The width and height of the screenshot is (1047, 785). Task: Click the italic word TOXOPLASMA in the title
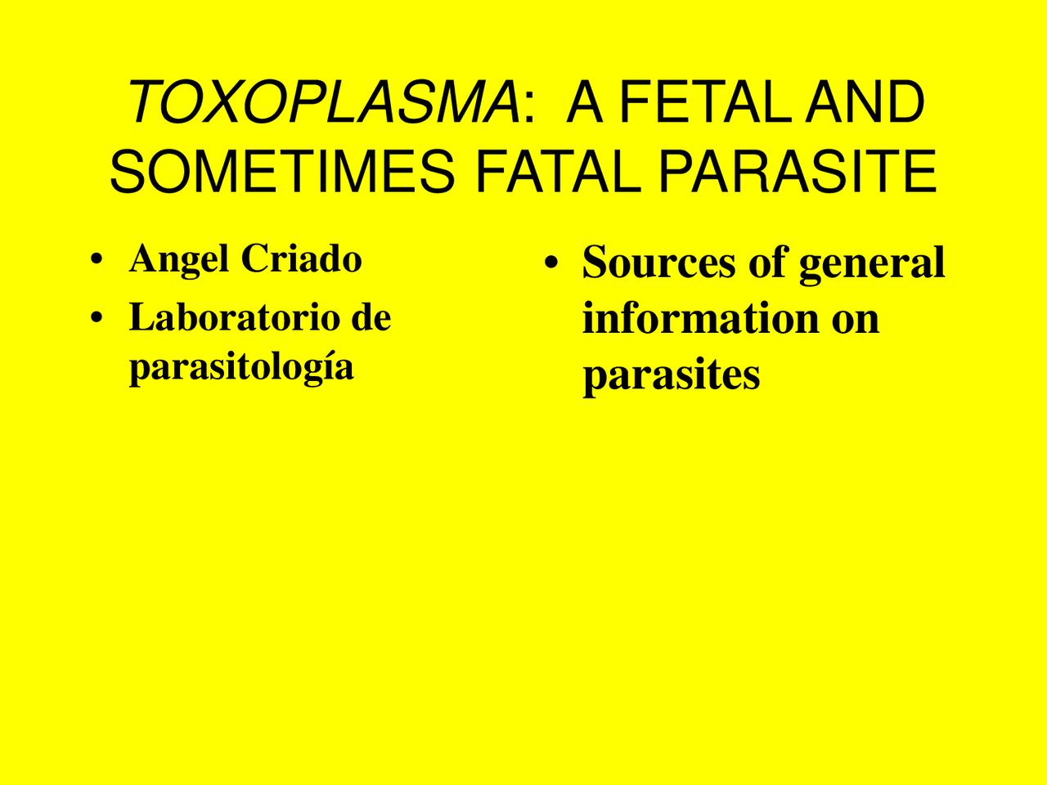pyautogui.click(x=324, y=103)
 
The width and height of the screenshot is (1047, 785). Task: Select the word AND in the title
pyautogui.click(x=865, y=103)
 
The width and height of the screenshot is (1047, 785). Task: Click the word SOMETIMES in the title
pyautogui.click(x=282, y=172)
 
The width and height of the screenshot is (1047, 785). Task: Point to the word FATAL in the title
pyautogui.click(x=557, y=172)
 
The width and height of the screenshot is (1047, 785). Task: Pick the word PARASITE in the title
pyautogui.click(x=797, y=172)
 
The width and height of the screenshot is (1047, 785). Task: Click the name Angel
pyautogui.click(x=179, y=260)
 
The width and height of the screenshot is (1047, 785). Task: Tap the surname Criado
pyautogui.click(x=301, y=259)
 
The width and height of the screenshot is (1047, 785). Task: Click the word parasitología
pyautogui.click(x=241, y=367)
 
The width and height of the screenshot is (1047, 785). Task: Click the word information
pyautogui.click(x=700, y=318)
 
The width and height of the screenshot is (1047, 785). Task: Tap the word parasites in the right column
pyautogui.click(x=671, y=376)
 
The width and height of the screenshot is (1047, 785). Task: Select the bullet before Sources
pyautogui.click(x=551, y=264)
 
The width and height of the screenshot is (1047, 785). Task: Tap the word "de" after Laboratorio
pyautogui.click(x=371, y=317)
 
